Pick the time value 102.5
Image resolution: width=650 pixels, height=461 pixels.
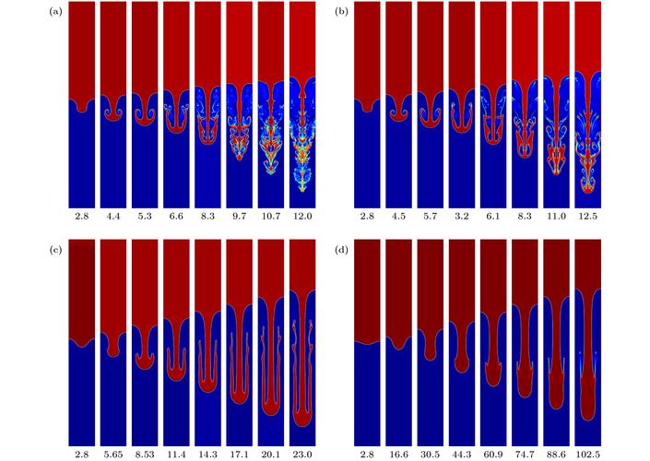(588, 453)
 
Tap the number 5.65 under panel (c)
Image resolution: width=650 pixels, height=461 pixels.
(115, 453)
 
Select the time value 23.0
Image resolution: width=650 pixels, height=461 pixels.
(303, 453)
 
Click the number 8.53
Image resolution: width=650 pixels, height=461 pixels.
(147, 453)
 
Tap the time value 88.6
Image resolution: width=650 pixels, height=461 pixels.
(557, 453)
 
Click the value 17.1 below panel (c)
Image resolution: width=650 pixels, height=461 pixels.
(241, 453)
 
